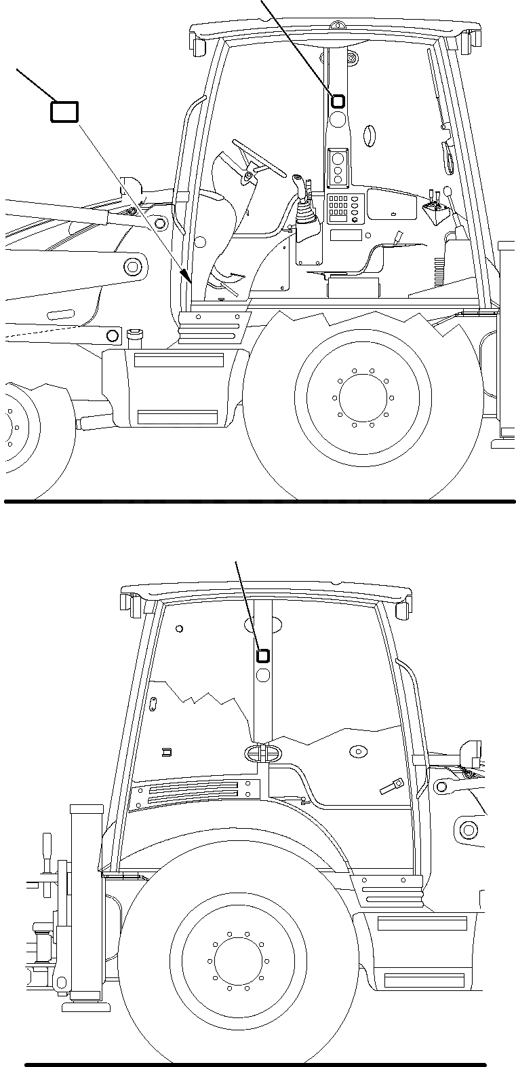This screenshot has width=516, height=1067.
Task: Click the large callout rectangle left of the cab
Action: click(64, 112)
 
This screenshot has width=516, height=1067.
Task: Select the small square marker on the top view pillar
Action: click(338, 102)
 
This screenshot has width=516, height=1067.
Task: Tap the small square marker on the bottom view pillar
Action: click(262, 656)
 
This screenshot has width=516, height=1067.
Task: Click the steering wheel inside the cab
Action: click(258, 160)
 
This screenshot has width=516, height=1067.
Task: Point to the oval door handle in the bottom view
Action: click(261, 753)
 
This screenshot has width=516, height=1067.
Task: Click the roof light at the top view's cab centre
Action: click(334, 26)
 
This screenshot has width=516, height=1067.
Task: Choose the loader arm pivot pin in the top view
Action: click(160, 223)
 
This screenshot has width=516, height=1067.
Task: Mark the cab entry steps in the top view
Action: click(210, 324)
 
